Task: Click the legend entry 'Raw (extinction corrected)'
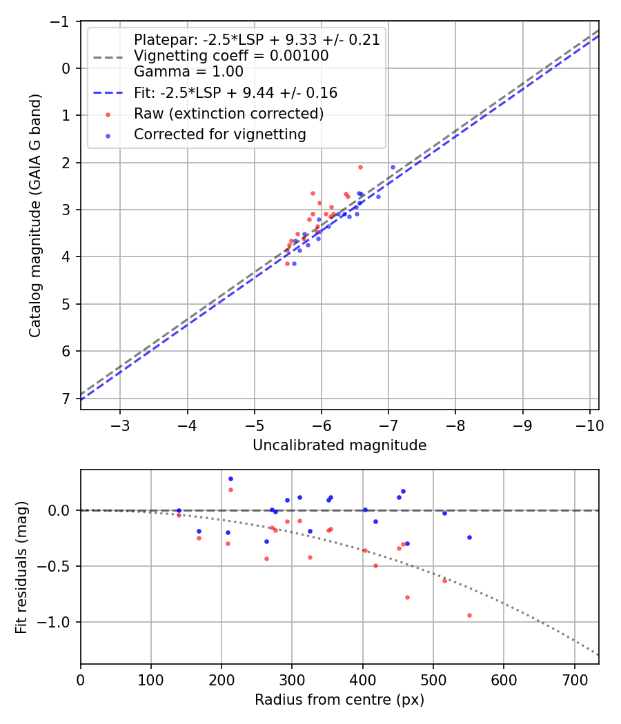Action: pos(228,113)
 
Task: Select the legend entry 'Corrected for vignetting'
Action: pos(219,134)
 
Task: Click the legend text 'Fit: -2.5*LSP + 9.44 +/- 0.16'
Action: pos(235,92)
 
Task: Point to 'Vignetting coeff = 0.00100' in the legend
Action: pos(231,56)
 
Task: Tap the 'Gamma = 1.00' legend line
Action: pos(188,71)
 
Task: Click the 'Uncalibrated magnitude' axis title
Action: pos(339,445)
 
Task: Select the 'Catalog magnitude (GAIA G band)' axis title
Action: pos(35,215)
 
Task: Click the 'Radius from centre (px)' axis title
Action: pos(339,700)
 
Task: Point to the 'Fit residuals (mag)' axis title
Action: pos(21,567)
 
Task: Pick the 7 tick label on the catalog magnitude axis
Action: pos(66,399)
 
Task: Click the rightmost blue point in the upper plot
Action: pos(393,167)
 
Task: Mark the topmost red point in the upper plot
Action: pos(360,167)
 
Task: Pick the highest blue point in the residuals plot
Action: pos(230,479)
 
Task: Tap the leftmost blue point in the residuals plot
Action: pos(179,511)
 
